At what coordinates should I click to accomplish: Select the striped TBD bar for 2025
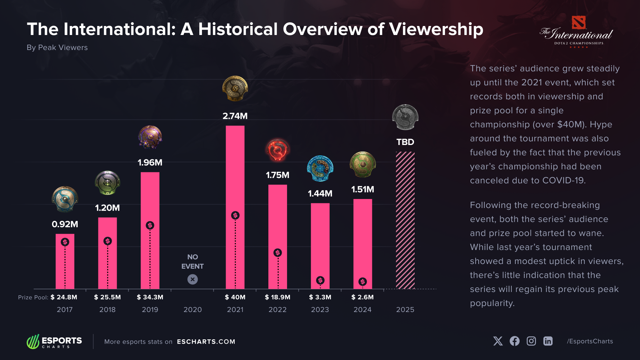[x=405, y=220]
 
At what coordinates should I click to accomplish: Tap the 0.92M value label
[x=65, y=224]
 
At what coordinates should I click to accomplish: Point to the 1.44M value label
[x=320, y=193]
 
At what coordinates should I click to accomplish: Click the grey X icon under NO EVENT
[x=192, y=279]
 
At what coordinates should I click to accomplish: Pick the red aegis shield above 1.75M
[x=277, y=150]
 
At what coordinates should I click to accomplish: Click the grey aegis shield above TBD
[x=405, y=117]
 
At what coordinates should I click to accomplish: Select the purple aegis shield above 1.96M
[x=150, y=137]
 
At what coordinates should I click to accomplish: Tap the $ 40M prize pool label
[x=235, y=297]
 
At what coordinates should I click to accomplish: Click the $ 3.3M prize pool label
[x=320, y=297]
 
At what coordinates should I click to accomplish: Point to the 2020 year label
[x=192, y=310]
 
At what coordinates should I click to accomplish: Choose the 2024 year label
[x=362, y=310]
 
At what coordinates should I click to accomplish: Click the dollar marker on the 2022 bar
[x=277, y=253]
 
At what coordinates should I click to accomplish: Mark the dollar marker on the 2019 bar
[x=150, y=225]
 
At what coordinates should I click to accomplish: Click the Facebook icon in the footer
[x=514, y=341]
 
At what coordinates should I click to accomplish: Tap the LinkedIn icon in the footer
[x=548, y=341]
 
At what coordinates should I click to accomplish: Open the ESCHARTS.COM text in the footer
[x=206, y=342]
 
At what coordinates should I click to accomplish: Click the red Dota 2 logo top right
[x=578, y=23]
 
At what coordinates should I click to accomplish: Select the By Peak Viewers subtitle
[x=57, y=48]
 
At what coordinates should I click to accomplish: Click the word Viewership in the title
[x=436, y=29]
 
